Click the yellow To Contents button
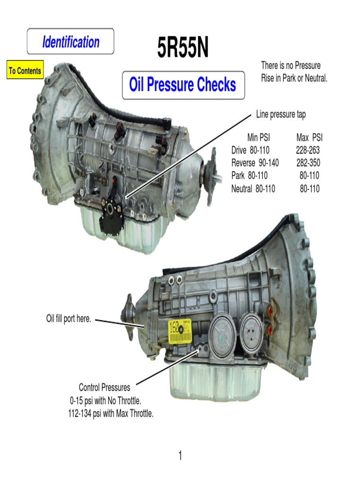click(x=25, y=71)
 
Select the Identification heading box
click(x=70, y=42)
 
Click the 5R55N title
click(x=182, y=49)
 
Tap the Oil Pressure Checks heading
click(x=183, y=85)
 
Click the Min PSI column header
click(x=259, y=138)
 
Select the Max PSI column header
click(x=309, y=138)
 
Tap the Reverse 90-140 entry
click(x=255, y=163)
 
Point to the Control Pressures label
click(x=104, y=388)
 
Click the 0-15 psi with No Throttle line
click(x=105, y=401)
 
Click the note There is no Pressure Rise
click(x=294, y=71)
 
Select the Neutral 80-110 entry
click(x=253, y=189)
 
